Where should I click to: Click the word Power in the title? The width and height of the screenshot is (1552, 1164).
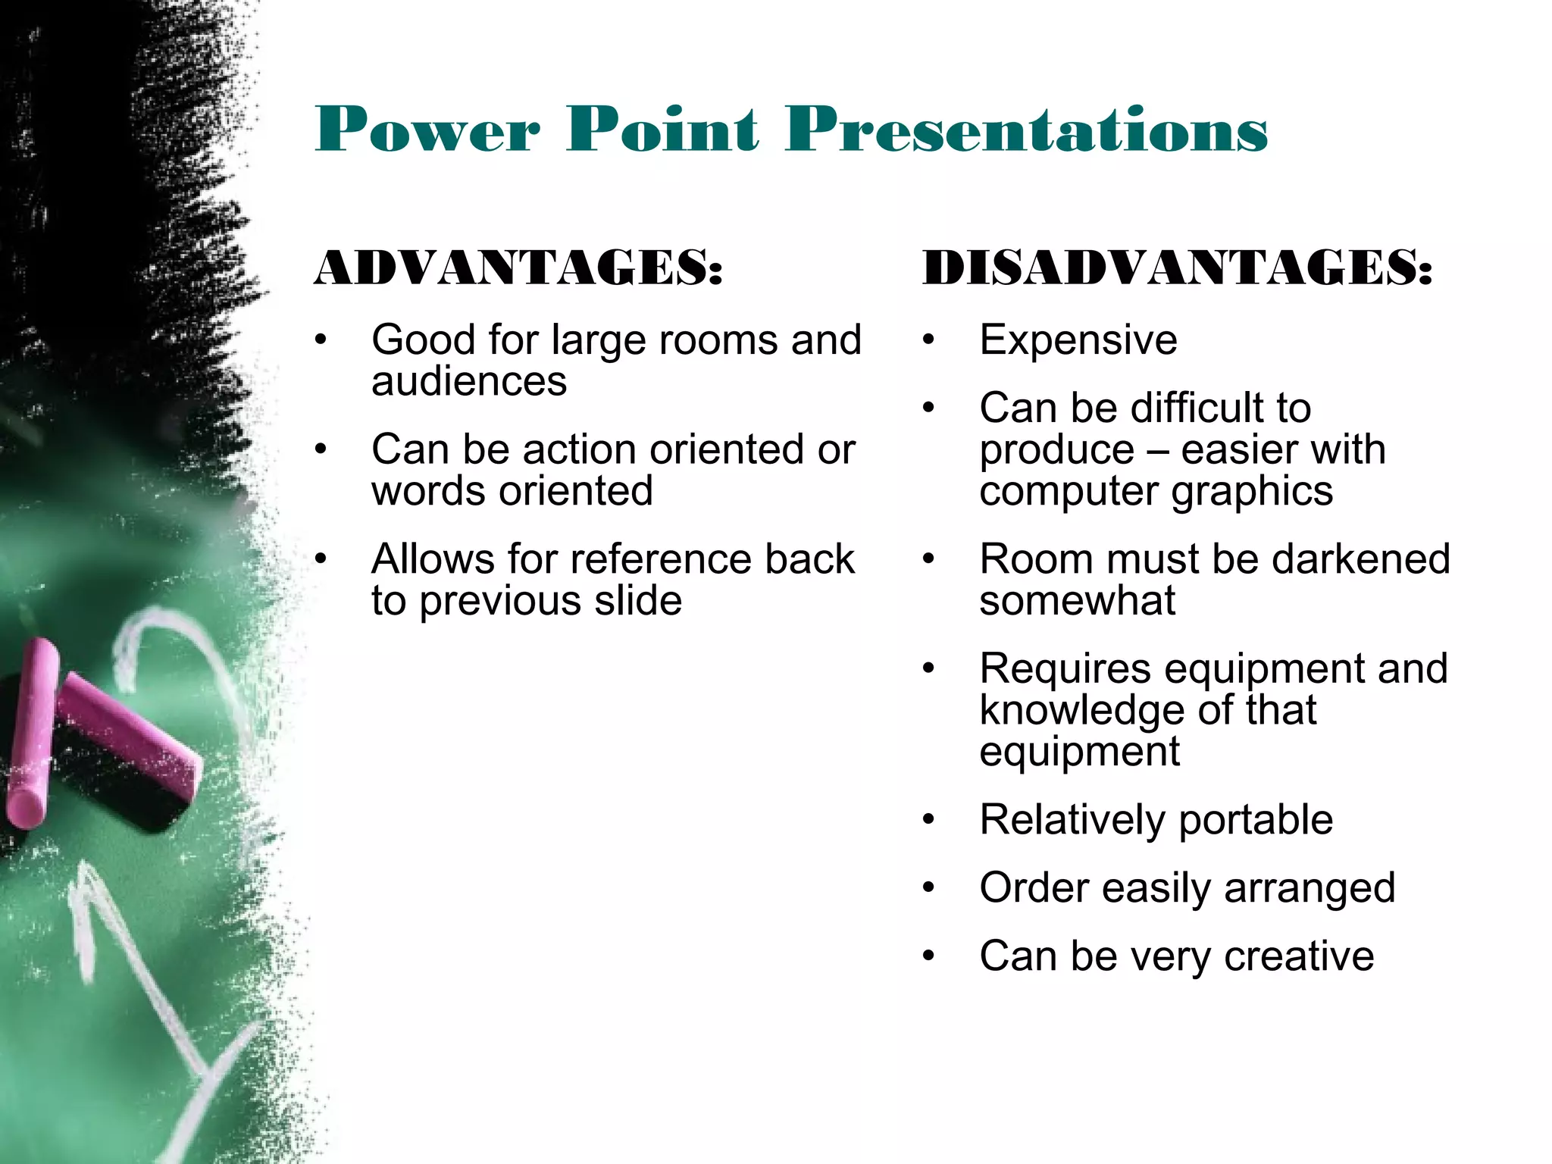pos(427,130)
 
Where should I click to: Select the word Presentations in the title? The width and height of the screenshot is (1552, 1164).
pos(1026,130)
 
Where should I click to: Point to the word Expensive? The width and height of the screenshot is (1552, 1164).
pos(1078,339)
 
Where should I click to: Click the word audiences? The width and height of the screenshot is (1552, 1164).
pos(469,380)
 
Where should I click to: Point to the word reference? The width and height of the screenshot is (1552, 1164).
pos(661,559)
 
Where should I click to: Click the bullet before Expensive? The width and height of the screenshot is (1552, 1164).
pos(929,340)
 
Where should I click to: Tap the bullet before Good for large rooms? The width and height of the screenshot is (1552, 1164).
pos(321,340)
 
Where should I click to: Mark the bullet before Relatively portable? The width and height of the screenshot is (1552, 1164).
pos(929,820)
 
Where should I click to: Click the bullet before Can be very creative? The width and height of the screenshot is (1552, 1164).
pos(929,956)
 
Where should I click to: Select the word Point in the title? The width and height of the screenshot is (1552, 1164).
pos(662,130)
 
